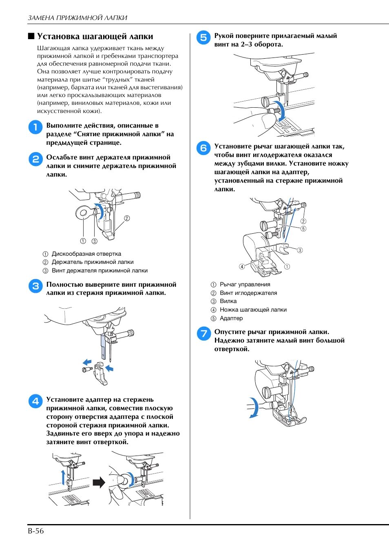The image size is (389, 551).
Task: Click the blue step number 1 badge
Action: click(x=35, y=127)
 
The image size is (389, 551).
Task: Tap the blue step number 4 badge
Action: click(x=35, y=401)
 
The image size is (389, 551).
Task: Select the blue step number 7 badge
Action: click(x=203, y=334)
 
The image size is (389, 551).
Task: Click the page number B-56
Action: click(x=36, y=531)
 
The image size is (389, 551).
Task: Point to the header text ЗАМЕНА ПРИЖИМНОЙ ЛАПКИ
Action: click(x=77, y=18)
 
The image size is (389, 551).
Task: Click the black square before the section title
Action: click(x=31, y=36)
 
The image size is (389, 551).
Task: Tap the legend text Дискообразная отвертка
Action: click(x=86, y=254)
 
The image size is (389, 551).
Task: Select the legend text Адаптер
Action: click(x=231, y=318)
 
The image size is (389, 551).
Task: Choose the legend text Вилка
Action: click(x=228, y=301)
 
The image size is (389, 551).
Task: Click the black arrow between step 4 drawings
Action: click(x=99, y=483)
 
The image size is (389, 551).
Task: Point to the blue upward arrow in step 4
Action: click(x=63, y=476)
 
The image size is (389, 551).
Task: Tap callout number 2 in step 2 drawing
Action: click(x=127, y=218)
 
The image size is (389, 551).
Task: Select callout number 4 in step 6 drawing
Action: click(x=242, y=267)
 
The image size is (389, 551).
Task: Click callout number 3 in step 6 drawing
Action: click(x=300, y=250)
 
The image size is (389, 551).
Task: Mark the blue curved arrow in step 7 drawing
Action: click(x=254, y=408)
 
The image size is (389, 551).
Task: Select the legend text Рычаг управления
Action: click(x=245, y=284)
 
